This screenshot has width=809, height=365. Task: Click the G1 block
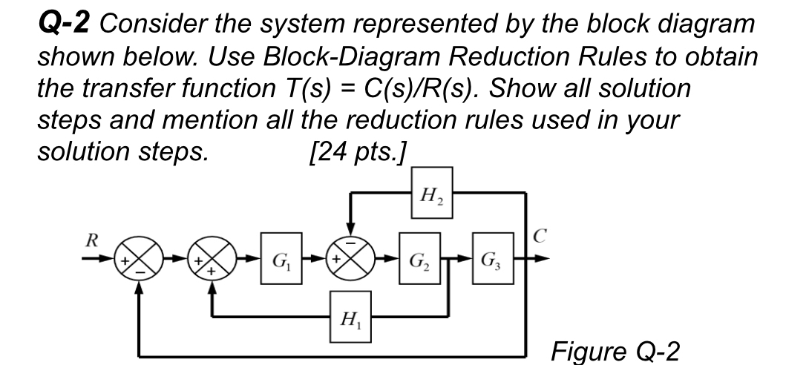(x=280, y=261)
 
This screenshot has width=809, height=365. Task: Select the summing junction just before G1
(x=213, y=261)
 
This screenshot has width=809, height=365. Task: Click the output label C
(x=540, y=240)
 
